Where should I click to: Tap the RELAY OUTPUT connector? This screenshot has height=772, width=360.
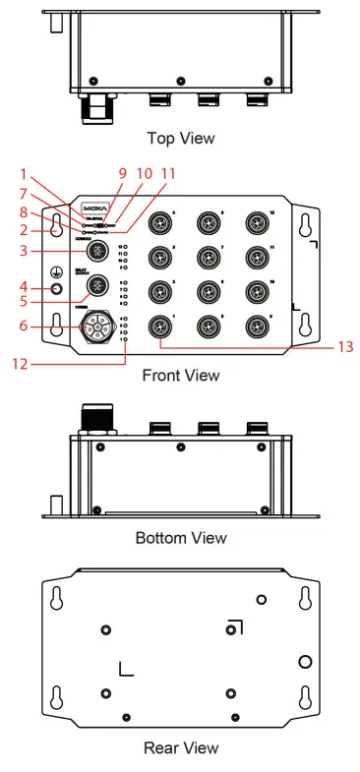click(98, 287)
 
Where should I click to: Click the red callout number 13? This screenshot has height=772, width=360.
click(340, 346)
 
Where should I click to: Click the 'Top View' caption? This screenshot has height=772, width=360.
click(180, 137)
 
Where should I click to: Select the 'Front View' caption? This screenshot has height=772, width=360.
click(180, 375)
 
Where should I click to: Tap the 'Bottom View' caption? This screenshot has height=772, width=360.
click(180, 538)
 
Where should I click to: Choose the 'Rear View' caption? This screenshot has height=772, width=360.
click(180, 748)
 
